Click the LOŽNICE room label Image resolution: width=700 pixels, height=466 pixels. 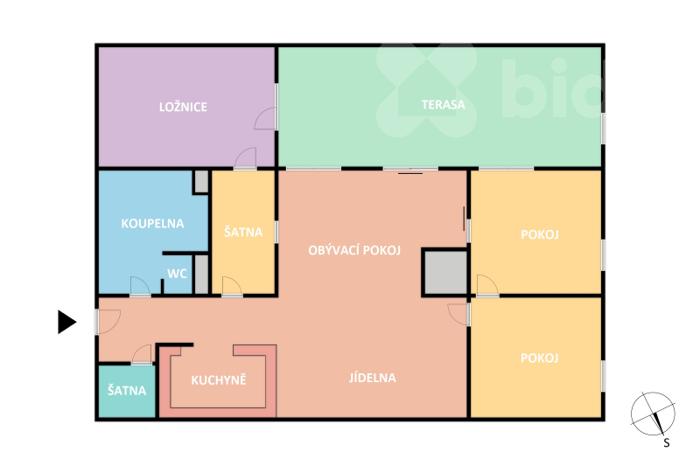point(183,107)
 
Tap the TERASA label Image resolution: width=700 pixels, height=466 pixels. point(443,105)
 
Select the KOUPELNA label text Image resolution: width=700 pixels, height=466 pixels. point(152,224)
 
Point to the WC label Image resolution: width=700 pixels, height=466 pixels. point(177,274)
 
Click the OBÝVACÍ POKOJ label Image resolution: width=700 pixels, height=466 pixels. point(354,250)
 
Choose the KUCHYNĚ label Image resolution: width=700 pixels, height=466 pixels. point(219,380)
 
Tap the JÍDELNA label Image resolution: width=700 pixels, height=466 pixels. point(373,378)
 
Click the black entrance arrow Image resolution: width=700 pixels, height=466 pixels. point(67,322)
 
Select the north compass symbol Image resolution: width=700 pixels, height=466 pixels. point(653,414)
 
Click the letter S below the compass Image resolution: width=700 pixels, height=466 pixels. point(666,442)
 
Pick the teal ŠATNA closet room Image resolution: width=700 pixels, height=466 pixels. point(127,392)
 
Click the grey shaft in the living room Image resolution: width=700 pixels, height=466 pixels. point(445,273)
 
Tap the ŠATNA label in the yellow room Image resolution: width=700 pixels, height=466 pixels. point(243,232)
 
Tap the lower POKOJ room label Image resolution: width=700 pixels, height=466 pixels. point(540,358)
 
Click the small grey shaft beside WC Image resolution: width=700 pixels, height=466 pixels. point(201,275)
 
